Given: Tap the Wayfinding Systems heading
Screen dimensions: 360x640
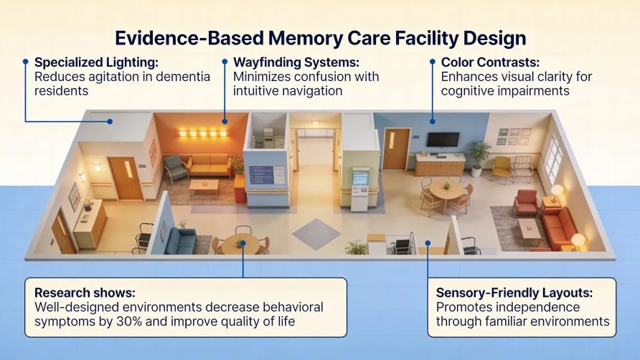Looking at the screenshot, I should (295, 62).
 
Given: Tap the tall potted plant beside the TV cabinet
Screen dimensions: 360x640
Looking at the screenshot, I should (479, 156).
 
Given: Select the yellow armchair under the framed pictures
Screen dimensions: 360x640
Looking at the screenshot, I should (503, 169).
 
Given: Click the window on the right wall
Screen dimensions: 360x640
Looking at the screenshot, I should (552, 159).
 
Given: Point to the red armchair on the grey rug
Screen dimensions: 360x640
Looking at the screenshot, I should (526, 203).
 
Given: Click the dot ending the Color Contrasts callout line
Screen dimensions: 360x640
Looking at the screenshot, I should (432, 121).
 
